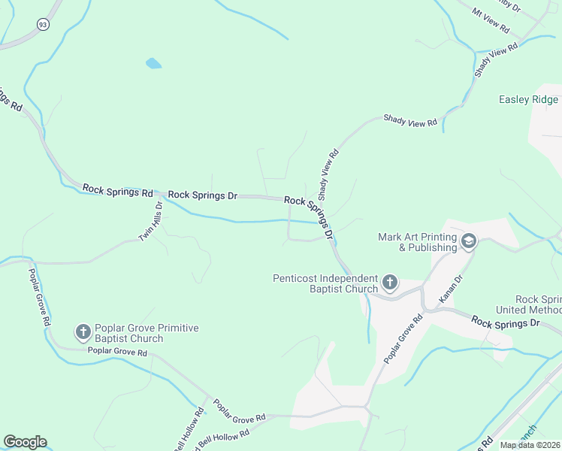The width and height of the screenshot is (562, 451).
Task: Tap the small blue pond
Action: [153, 63]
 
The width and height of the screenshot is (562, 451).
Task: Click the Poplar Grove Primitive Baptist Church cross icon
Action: [83, 331]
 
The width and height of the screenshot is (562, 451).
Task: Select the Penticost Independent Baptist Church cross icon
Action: [389, 283]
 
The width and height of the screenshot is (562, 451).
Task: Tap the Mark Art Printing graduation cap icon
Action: [469, 241]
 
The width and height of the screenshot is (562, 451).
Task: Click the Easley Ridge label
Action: [529, 99]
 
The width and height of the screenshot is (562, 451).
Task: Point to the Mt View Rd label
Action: [491, 23]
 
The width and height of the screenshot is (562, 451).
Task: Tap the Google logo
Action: [25, 442]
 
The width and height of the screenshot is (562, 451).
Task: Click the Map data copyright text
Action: [530, 444]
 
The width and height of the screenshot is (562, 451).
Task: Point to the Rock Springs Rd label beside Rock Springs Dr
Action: [118, 191]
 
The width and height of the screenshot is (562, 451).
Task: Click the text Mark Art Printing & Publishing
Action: [417, 242]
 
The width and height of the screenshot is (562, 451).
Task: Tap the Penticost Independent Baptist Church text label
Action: [325, 283]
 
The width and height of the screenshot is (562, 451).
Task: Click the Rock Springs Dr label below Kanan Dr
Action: [506, 322]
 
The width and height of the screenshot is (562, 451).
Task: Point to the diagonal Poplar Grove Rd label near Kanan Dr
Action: [404, 339]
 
